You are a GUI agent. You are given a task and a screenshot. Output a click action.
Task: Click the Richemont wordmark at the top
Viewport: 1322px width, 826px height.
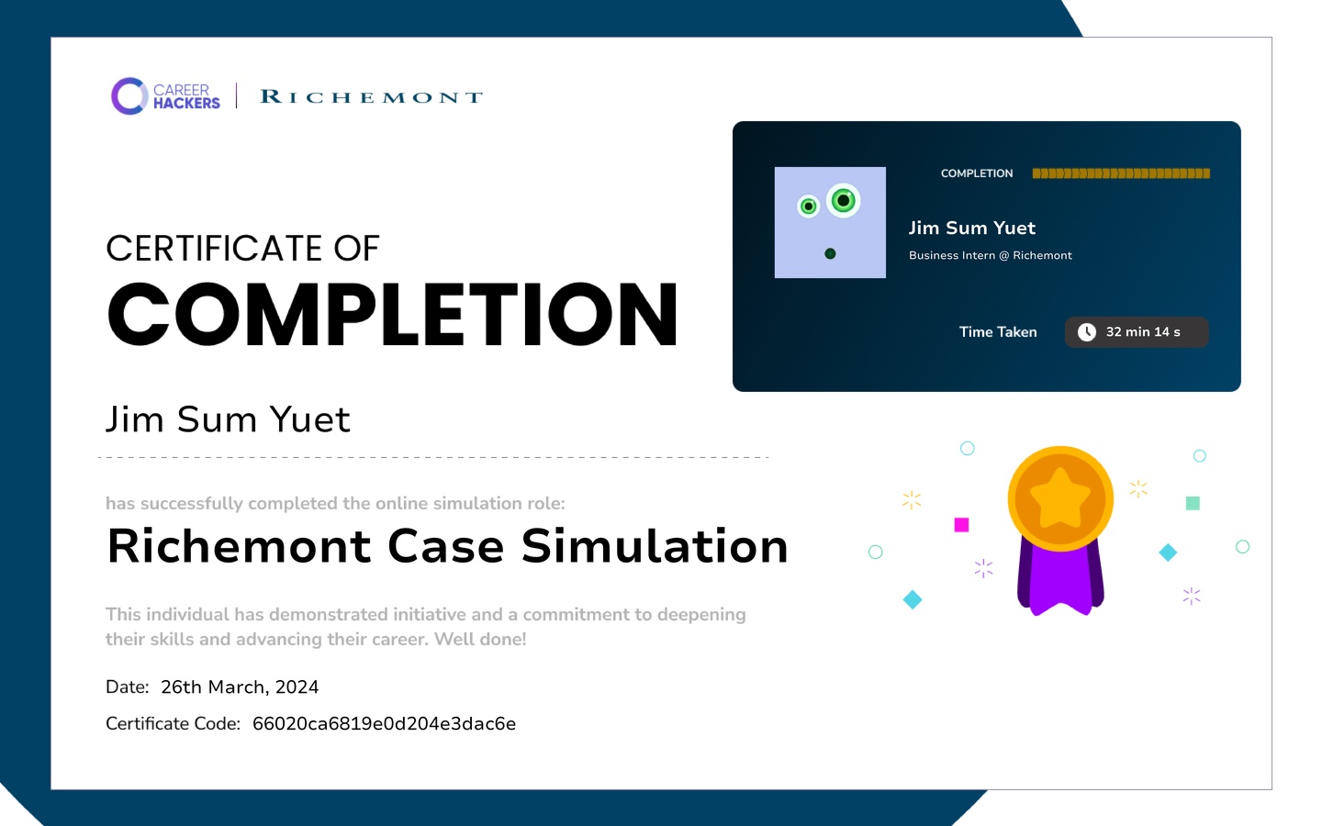(x=371, y=96)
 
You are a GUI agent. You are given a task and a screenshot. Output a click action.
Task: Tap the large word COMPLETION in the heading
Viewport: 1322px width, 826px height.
(x=393, y=314)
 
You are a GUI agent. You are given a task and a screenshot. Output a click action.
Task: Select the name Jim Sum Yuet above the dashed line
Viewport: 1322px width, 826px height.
(x=228, y=419)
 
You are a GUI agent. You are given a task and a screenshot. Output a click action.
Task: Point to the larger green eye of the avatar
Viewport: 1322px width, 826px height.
(x=843, y=201)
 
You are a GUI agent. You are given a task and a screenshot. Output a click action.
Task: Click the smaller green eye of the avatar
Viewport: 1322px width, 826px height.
(x=809, y=206)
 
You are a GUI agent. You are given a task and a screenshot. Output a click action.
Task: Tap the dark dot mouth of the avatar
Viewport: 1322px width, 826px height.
(x=830, y=253)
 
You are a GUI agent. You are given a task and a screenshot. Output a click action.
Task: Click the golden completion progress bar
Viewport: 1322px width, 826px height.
(x=1121, y=173)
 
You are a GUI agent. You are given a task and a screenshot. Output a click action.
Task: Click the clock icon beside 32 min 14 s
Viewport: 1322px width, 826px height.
(x=1087, y=332)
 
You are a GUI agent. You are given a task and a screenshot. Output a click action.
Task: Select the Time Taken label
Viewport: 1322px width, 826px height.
(x=997, y=332)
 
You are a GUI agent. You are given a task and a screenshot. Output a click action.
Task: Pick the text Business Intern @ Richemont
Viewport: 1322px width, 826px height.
(x=991, y=255)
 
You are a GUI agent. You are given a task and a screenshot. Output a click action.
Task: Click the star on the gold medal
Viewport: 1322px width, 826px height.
(x=1060, y=497)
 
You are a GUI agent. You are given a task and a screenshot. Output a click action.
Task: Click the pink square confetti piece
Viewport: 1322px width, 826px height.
(x=961, y=525)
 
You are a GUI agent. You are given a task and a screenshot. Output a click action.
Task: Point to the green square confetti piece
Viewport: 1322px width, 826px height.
(x=1193, y=503)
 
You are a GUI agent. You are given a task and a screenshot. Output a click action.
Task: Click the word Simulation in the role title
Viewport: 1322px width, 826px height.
(x=655, y=546)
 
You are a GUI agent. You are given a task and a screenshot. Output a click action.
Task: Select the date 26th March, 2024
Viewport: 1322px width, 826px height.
(x=240, y=687)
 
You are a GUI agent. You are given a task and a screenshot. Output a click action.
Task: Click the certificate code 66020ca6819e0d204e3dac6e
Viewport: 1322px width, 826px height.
(x=384, y=724)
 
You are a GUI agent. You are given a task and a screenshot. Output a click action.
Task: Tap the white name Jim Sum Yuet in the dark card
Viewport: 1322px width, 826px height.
(x=972, y=228)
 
